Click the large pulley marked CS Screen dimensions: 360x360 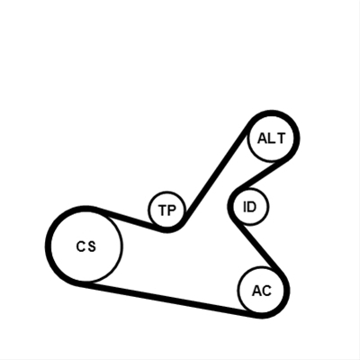tap(86, 246)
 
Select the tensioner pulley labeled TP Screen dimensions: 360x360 tap(167, 210)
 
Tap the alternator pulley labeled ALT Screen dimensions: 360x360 tap(271, 139)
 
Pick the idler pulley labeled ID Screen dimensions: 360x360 tap(250, 207)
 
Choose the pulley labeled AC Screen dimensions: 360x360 tap(261, 290)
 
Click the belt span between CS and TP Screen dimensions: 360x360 tap(126, 219)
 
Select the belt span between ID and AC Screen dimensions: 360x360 tap(258, 245)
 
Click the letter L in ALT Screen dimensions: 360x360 tap(271, 139)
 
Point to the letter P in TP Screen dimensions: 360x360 tap(170, 211)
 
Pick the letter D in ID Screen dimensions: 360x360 tap(251, 207)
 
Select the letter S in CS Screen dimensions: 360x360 tap(92, 247)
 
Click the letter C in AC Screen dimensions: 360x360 tap(266, 291)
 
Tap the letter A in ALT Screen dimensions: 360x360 tap(263, 139)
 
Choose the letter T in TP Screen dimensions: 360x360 tap(162, 211)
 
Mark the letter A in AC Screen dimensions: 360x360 tap(257, 291)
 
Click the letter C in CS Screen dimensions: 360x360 tap(81, 247)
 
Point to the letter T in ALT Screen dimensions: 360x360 tap(280, 139)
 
